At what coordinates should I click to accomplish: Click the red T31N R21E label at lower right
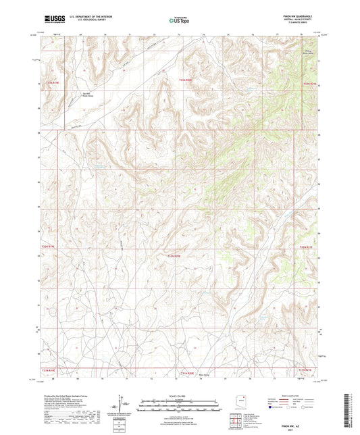(x=309, y=370)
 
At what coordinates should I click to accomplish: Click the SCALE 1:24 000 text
(x=179, y=395)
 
